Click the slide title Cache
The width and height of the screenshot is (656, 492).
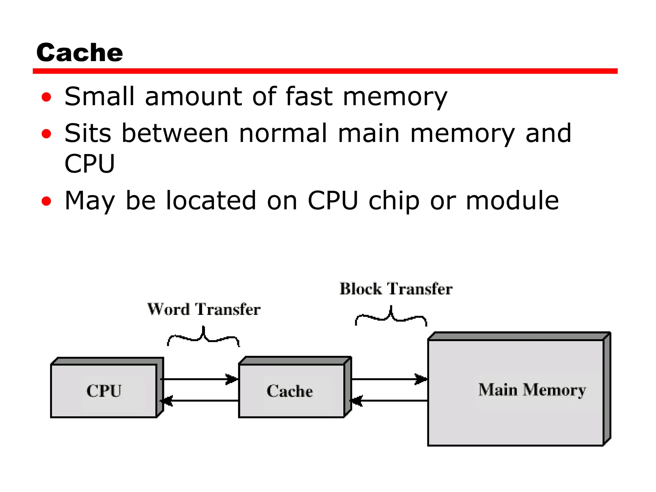[x=79, y=53]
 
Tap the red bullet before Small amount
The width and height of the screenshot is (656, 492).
[x=46, y=97]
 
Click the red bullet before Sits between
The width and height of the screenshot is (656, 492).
[x=46, y=134]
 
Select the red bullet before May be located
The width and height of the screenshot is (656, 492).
[x=46, y=201]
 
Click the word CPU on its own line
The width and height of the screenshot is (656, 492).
[x=89, y=164]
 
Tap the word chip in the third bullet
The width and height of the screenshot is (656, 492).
[x=394, y=201]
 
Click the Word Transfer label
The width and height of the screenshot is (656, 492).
[x=204, y=309]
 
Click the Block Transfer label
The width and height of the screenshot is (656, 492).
[x=396, y=289]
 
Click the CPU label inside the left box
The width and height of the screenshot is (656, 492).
[x=104, y=391]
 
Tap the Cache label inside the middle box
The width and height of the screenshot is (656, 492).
[x=290, y=391]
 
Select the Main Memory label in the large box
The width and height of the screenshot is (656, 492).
[x=532, y=390]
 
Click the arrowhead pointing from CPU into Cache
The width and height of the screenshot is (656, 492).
[x=232, y=379]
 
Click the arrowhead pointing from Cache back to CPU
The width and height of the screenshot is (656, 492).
[x=167, y=401]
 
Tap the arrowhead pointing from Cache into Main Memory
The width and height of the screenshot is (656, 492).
[x=421, y=379]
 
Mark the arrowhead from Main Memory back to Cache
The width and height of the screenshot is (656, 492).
[x=357, y=401]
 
